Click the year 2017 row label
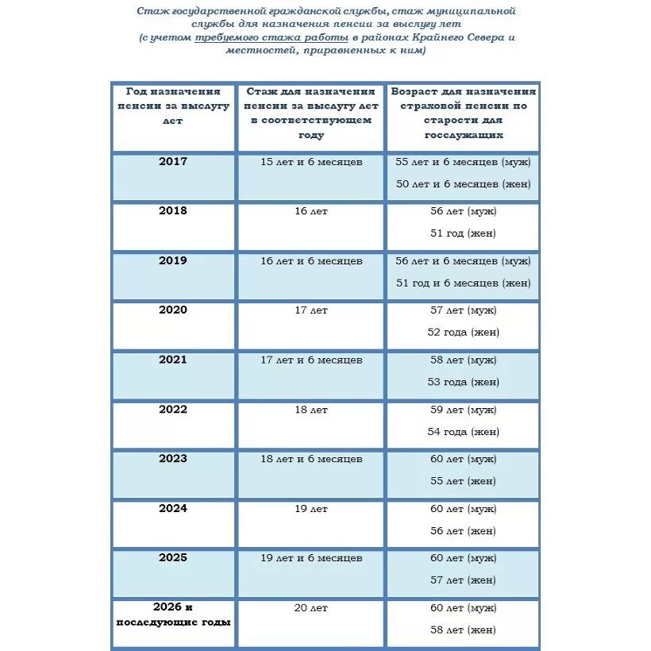pos(173,161)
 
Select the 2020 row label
pos(173,310)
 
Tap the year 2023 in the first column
pos(173,458)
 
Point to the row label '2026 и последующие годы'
pos(173,614)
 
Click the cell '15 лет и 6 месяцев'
pos(311,161)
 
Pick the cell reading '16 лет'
pos(311,211)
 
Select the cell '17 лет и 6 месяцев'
pos(311,360)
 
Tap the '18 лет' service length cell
pos(311,410)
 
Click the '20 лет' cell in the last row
pos(311,607)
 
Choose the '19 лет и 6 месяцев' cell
pos(311,557)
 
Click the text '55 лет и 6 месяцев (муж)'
pos(463,161)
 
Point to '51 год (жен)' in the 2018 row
pos(463,233)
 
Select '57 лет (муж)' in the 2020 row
pos(463,310)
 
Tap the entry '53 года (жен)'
pos(463,382)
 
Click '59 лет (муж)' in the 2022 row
pos(463,410)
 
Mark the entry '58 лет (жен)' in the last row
pos(463,630)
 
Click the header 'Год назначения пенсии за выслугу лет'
pos(173,106)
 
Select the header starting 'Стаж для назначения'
pos(311,114)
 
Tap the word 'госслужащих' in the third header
pos(463,136)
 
